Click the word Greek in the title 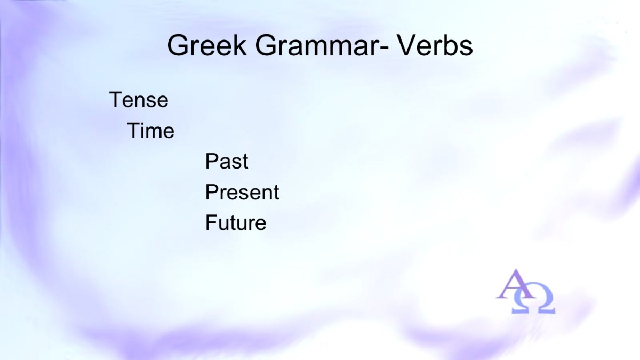(206, 45)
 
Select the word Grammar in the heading (317, 45)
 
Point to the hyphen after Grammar (385, 49)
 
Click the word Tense (139, 100)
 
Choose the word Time (150, 131)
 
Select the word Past (227, 161)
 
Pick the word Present (242, 192)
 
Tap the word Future (236, 222)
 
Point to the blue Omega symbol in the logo (533, 299)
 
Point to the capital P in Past (212, 161)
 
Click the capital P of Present (212, 192)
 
